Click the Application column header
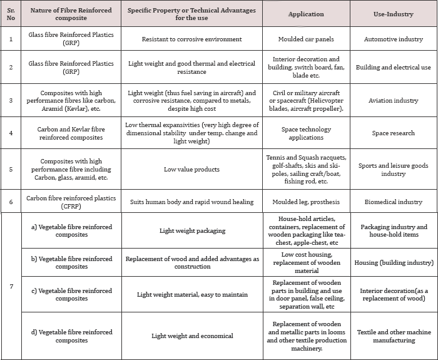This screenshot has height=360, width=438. pos(306,13)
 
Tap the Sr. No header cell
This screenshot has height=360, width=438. pos(10,13)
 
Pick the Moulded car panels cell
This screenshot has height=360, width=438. pos(306,39)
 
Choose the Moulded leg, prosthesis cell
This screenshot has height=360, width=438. pos(306,202)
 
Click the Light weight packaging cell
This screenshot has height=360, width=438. pos(191,231)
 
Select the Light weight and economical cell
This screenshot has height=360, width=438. pos(191,336)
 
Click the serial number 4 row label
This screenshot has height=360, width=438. pos(10,133)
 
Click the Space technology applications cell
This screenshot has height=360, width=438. pos(306,133)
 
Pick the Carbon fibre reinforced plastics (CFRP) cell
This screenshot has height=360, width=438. pos(71,202)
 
